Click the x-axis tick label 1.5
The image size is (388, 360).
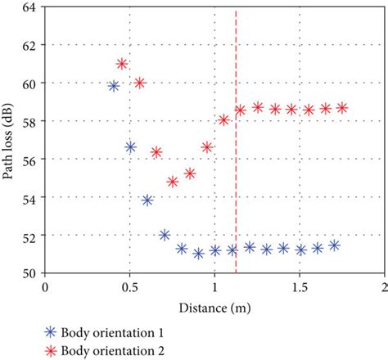pos(300,288)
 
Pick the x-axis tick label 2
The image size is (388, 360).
pos(383,288)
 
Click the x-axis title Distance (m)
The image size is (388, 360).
pos(214,308)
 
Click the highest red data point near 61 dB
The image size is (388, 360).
pos(122,64)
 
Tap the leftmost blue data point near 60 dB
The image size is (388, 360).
pos(114,86)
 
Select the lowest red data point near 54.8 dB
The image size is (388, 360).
pos(173,182)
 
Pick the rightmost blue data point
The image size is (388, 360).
pos(334,245)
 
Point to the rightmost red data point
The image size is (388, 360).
pos(342,108)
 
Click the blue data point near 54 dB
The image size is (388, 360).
pos(147,200)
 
